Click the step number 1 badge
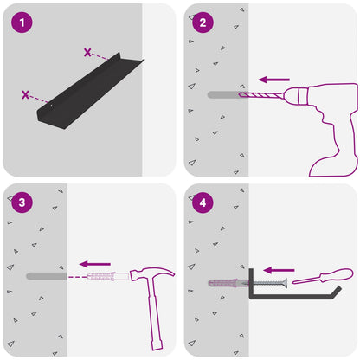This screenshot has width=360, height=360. tap(22, 22)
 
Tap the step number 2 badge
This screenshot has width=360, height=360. tap(202, 22)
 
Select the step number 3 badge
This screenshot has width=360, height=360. tap(22, 202)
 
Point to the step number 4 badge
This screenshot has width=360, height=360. tap(202, 202)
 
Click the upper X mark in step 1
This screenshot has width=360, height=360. tap(87, 53)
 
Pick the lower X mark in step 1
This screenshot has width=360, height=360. tap(25, 94)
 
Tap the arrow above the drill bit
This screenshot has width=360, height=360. tap(274, 80)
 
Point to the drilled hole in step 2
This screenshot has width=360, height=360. tap(223, 94)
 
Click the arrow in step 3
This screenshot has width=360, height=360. tap(95, 264)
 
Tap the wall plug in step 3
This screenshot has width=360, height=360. tap(108, 276)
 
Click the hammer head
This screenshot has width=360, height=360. tap(152, 273)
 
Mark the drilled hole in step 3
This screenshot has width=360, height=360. tap(47, 276)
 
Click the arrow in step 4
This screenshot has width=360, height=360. tap(279, 270)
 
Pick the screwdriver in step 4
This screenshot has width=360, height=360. tap(323, 276)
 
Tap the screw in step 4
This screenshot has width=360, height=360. tap(266, 283)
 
